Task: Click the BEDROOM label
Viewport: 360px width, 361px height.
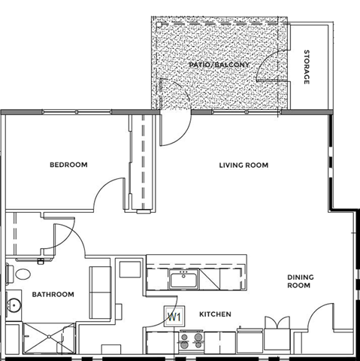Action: (x=68, y=165)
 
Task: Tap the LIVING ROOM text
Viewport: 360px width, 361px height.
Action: (x=244, y=165)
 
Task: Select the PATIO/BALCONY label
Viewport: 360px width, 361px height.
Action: (x=215, y=66)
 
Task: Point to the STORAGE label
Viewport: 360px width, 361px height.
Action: (x=307, y=67)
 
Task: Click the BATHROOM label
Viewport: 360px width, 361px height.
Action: (x=53, y=294)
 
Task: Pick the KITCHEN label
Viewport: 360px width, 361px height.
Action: (x=215, y=314)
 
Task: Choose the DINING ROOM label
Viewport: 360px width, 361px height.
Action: (x=300, y=281)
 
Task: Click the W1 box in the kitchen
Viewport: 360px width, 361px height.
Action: (x=174, y=317)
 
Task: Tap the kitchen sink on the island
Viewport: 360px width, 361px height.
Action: (x=183, y=281)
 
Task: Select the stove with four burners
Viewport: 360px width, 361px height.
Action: (x=190, y=341)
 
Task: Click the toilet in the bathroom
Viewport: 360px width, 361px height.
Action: (x=20, y=275)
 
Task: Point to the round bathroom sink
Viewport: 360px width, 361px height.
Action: (x=13, y=306)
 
